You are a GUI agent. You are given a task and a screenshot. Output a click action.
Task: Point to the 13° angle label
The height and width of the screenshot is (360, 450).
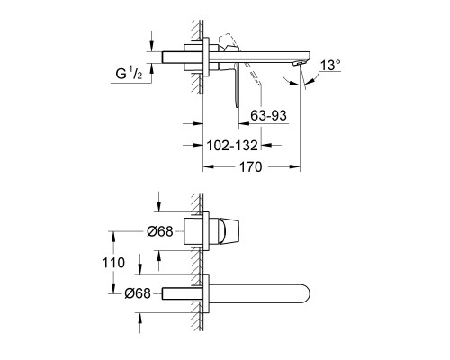pyautogui.click(x=330, y=65)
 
